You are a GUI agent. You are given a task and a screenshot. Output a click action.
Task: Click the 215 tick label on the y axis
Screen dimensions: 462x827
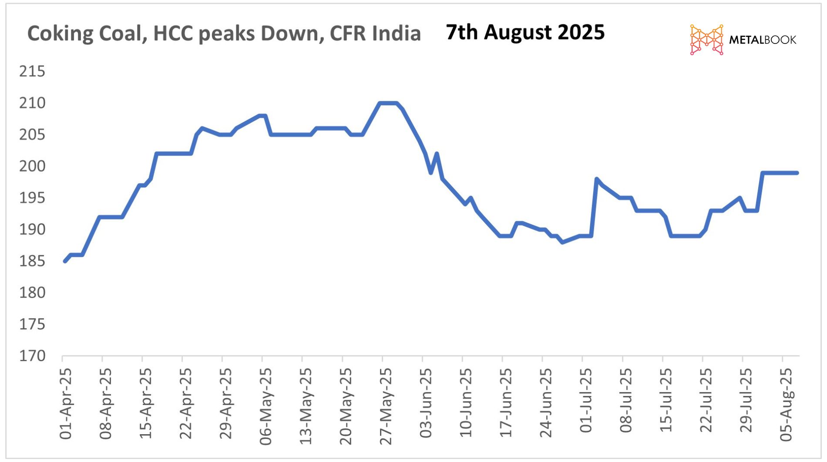[x=32, y=71]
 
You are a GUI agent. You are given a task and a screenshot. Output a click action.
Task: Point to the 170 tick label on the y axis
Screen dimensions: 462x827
[x=32, y=356]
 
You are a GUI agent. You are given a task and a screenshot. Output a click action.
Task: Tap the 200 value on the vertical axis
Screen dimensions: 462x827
[x=32, y=166]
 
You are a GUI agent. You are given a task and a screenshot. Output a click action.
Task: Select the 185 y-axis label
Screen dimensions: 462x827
[x=32, y=261]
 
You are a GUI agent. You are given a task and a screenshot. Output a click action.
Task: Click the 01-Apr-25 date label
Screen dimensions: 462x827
[x=66, y=404]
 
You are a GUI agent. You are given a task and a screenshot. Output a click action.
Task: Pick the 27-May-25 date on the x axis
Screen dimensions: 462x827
[x=386, y=406]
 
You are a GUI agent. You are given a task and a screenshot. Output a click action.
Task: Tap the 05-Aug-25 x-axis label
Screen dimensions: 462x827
[x=786, y=405]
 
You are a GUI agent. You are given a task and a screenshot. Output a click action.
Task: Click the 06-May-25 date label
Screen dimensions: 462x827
[x=266, y=406]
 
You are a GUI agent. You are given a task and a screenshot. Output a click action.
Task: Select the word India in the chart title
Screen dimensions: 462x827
[x=397, y=33]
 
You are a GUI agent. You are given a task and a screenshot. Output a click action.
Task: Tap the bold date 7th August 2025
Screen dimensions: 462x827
[x=525, y=32]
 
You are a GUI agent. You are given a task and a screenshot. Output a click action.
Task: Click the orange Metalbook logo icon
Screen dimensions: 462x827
[x=706, y=40]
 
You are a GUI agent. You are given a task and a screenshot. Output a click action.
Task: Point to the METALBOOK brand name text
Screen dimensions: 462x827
[x=763, y=40]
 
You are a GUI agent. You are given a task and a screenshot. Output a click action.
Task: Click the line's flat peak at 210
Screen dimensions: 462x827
[x=388, y=103]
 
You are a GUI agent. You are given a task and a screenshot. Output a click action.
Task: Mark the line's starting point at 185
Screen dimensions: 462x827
[x=65, y=261]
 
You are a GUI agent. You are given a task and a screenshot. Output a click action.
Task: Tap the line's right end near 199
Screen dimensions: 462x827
[x=797, y=173]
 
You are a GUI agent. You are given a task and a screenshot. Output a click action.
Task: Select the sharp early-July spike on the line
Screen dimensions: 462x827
[x=596, y=179]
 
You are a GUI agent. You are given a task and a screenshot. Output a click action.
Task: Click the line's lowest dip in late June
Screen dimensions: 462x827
[x=563, y=242]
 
